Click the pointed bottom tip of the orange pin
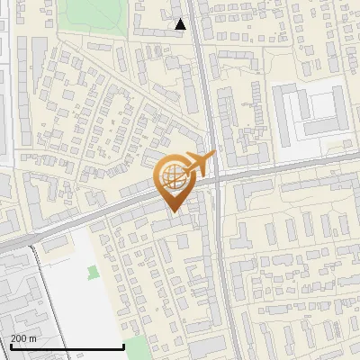172,212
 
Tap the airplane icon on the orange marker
198,164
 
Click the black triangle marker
181,24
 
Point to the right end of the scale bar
123,347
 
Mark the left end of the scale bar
9,347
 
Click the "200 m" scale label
23,338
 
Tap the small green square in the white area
93,271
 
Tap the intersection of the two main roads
214,177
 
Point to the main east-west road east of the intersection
288,166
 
